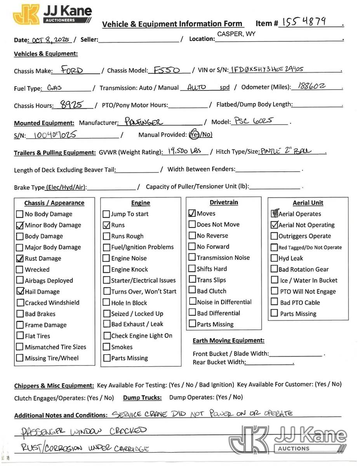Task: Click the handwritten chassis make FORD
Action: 72,70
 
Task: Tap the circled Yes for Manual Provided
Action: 194,135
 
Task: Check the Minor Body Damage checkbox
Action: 20,225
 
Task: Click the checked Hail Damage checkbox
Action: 20,291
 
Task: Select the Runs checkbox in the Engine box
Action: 106,225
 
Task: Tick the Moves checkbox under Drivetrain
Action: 192,214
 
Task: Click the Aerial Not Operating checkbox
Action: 274,225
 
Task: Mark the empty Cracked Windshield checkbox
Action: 20,303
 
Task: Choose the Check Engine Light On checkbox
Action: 106,336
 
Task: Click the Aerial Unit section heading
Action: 308,203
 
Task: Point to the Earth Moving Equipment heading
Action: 228,341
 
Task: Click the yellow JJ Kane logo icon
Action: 26,15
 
